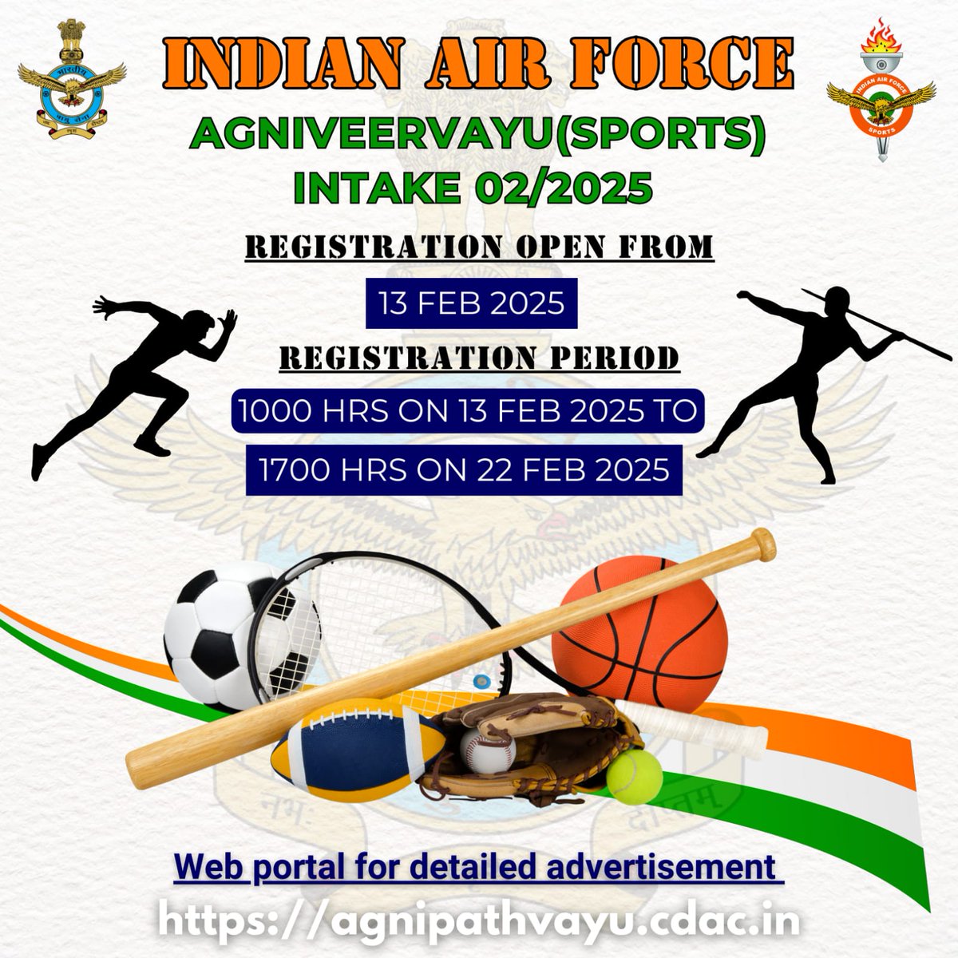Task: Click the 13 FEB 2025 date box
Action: click(x=472, y=303)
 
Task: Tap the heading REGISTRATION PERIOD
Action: click(x=479, y=358)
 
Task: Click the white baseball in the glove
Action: click(x=486, y=750)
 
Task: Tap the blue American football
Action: click(x=351, y=746)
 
